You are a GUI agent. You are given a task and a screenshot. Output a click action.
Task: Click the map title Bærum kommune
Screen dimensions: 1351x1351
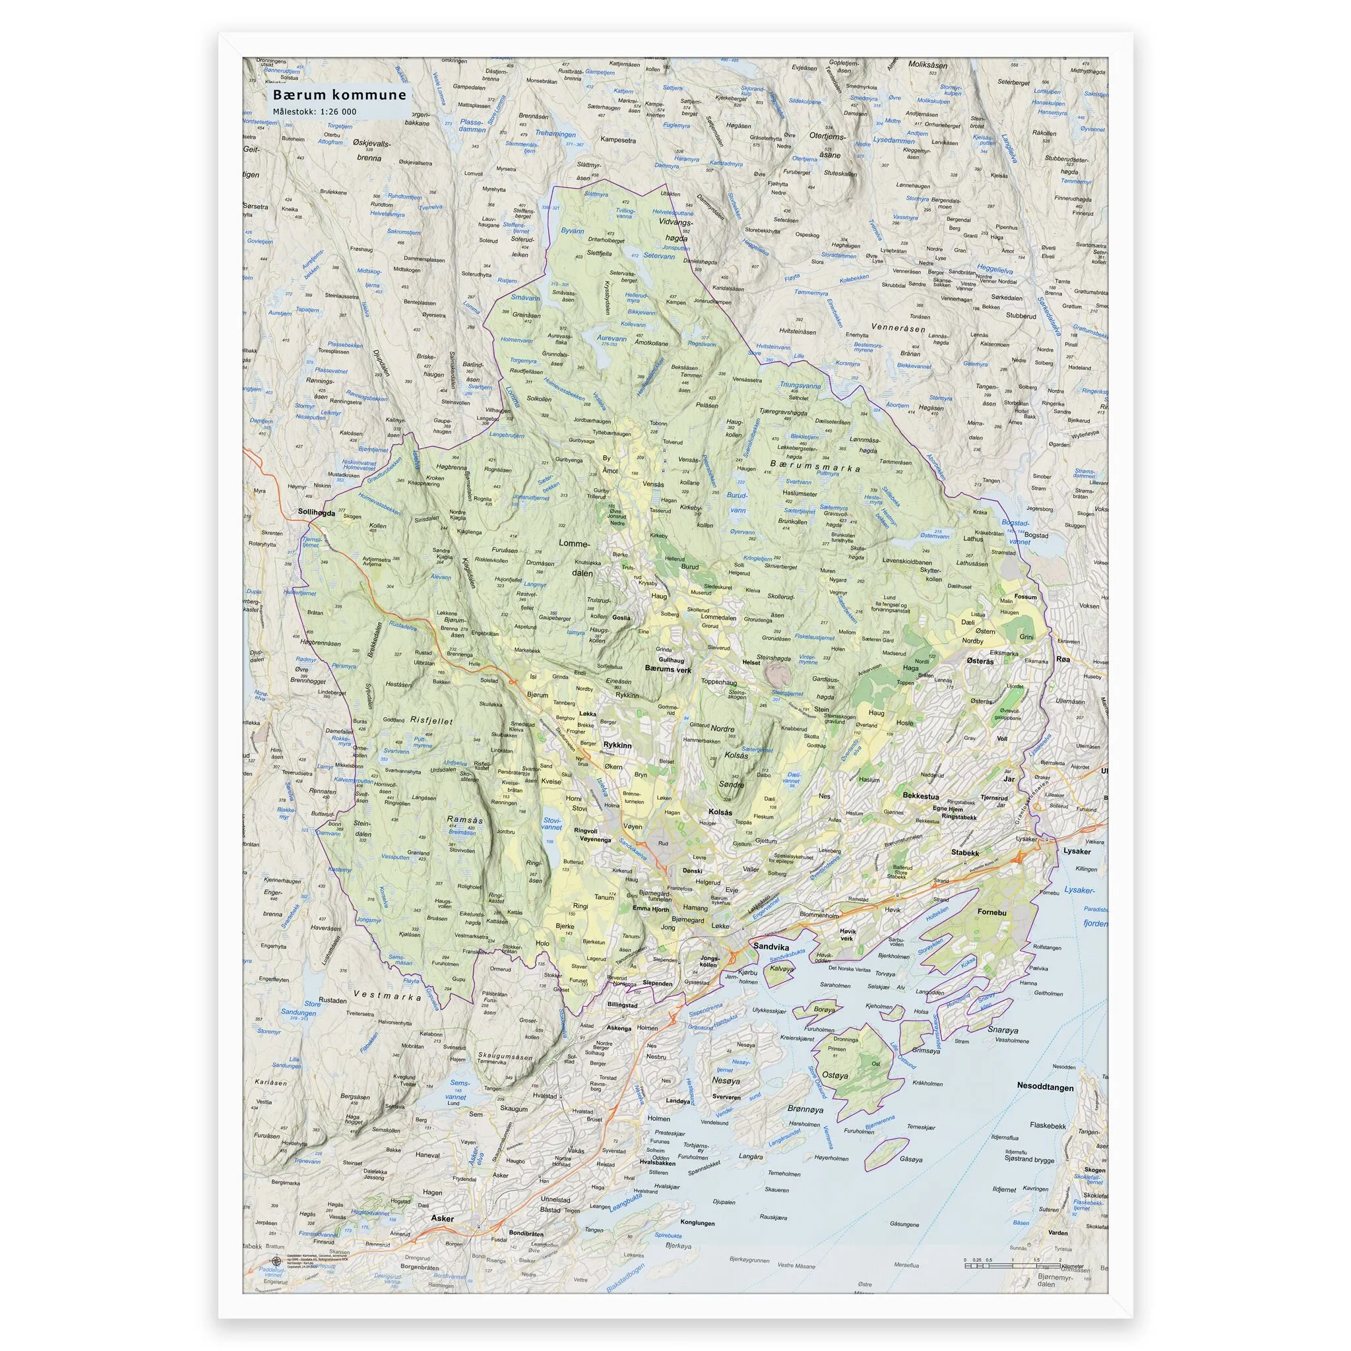(339, 95)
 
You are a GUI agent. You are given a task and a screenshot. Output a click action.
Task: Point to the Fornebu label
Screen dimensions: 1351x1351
(992, 912)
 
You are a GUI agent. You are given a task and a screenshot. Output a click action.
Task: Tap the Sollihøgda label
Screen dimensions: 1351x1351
(317, 512)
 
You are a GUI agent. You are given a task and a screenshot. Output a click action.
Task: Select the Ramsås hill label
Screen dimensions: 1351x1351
(464, 819)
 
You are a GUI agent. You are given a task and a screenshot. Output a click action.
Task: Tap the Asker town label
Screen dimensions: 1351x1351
(442, 1218)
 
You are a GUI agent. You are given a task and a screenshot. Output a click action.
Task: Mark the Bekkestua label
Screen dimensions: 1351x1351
(920, 796)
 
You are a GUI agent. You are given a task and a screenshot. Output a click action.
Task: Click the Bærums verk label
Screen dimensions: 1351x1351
(668, 669)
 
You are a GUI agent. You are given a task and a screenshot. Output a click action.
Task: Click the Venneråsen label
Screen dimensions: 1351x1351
(898, 327)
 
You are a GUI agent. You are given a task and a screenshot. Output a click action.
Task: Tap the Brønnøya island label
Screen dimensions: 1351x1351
(805, 1110)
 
